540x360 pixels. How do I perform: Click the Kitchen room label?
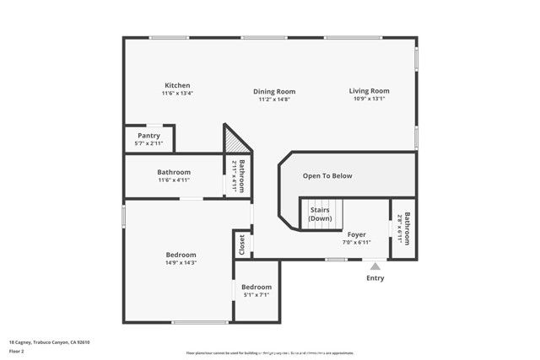tap(177, 85)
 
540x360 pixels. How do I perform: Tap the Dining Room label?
tap(274, 91)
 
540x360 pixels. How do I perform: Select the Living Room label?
tap(370, 90)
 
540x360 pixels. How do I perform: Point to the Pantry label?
tap(148, 136)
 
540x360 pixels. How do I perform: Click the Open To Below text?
tap(327, 175)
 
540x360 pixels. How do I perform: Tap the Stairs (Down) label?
tap(321, 213)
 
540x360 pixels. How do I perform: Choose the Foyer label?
tap(357, 234)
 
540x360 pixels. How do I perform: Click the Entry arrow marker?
tap(375, 266)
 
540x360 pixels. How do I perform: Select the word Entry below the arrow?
tap(375, 277)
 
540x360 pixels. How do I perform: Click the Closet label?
tap(243, 244)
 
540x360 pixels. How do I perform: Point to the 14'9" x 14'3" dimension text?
tap(181, 263)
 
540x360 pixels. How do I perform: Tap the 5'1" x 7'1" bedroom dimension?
tap(257, 295)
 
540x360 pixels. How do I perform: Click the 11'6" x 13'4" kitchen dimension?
tap(177, 94)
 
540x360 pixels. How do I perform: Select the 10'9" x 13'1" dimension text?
tap(370, 99)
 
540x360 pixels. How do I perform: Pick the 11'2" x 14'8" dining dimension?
tap(274, 99)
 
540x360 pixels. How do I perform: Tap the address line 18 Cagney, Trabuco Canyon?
tap(49, 341)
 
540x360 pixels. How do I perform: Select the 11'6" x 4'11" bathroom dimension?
tap(174, 180)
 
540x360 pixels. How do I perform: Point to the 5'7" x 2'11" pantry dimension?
tap(148, 143)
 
